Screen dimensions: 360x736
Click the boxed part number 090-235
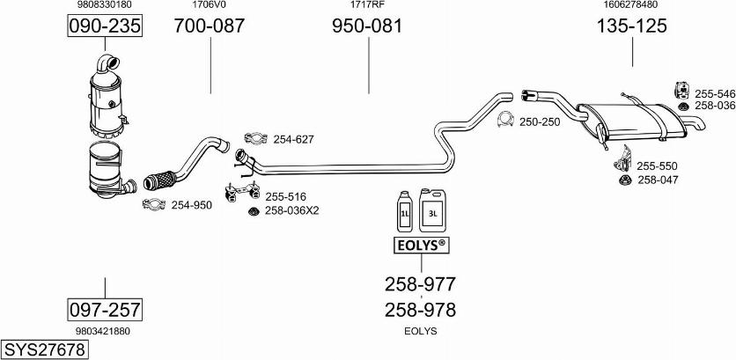[x=105, y=26]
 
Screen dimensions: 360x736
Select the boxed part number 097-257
[x=105, y=309]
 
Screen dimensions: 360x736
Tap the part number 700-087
[x=210, y=26]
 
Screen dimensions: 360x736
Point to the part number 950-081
[x=367, y=26]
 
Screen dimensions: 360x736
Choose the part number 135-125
[x=632, y=26]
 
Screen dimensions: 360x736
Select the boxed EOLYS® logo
[x=420, y=246]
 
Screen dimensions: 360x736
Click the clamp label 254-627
[x=293, y=139]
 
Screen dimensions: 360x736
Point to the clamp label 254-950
[x=191, y=205]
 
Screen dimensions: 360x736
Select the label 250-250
[x=540, y=121]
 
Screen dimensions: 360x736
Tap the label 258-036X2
[x=292, y=210]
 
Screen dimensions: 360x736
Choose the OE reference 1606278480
[x=631, y=5]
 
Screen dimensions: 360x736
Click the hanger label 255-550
[x=657, y=165]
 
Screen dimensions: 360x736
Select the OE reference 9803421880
[x=103, y=331]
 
